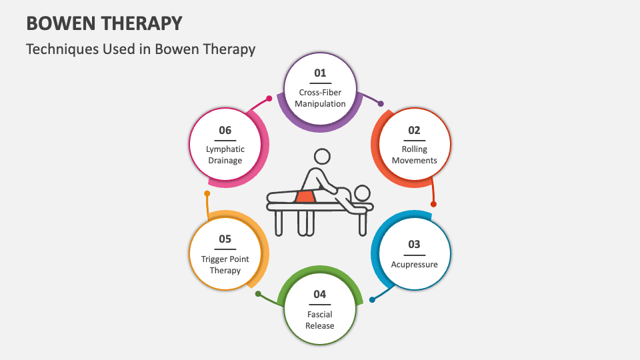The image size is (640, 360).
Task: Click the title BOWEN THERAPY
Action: click(x=103, y=23)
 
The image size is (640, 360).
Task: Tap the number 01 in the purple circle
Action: click(x=320, y=72)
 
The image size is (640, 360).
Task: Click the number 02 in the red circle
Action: click(x=414, y=130)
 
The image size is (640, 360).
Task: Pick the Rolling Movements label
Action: click(x=414, y=155)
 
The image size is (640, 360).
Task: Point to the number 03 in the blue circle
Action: click(x=414, y=244)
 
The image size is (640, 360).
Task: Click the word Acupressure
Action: click(x=414, y=265)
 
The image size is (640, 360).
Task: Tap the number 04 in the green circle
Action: click(x=320, y=294)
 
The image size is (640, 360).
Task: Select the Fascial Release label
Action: click(x=320, y=320)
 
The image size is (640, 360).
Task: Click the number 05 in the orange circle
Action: click(x=225, y=239)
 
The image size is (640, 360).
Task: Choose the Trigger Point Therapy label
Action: click(x=225, y=265)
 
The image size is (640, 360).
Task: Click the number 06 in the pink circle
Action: click(x=225, y=130)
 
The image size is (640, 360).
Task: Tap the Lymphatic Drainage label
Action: click(x=225, y=155)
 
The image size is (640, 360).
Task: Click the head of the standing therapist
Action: click(x=322, y=157)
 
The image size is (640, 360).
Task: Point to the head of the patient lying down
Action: click(x=361, y=193)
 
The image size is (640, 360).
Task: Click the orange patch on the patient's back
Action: click(x=305, y=196)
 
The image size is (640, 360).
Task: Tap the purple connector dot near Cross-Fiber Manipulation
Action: click(x=381, y=104)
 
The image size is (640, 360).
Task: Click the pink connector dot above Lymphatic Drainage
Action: click(x=269, y=99)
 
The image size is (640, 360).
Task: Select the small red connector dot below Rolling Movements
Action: click(x=433, y=204)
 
